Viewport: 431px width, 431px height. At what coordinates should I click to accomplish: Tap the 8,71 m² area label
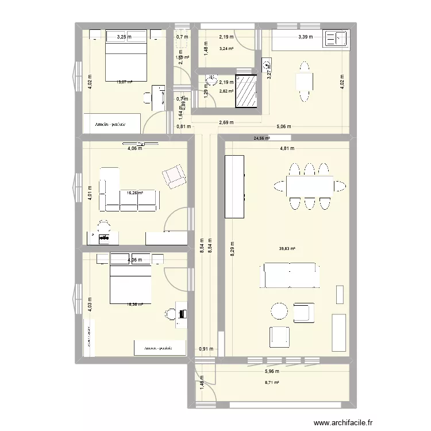(x=272, y=383)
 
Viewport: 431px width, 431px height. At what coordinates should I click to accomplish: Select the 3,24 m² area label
(x=226, y=49)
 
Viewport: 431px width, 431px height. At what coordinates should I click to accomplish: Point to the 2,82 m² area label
(x=226, y=91)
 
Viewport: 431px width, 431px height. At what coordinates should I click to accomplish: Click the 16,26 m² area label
(x=135, y=193)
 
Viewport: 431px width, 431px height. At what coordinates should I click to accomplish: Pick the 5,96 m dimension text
(x=272, y=371)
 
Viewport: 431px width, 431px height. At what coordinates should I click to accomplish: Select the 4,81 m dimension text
(x=287, y=148)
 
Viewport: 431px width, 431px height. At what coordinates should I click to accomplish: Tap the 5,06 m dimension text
(x=284, y=126)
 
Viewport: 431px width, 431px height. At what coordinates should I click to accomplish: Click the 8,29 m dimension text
(x=232, y=249)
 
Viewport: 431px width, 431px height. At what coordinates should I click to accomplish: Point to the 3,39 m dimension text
(x=305, y=37)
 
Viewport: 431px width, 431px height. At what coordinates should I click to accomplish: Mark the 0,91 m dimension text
(x=205, y=348)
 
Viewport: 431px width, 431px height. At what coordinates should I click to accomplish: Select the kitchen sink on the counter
(x=336, y=39)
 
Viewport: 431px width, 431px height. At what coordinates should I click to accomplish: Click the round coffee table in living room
(x=279, y=311)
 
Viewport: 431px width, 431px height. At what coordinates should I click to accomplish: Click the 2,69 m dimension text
(x=226, y=122)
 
